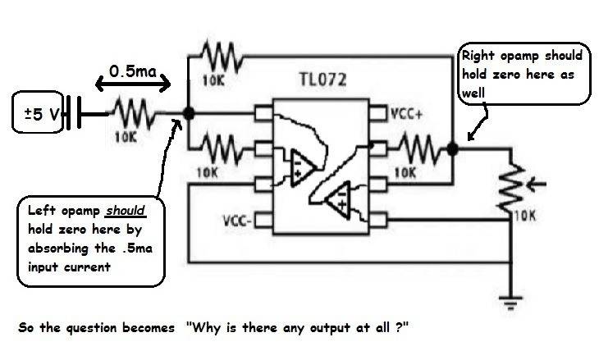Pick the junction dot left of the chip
tap(188, 115)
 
